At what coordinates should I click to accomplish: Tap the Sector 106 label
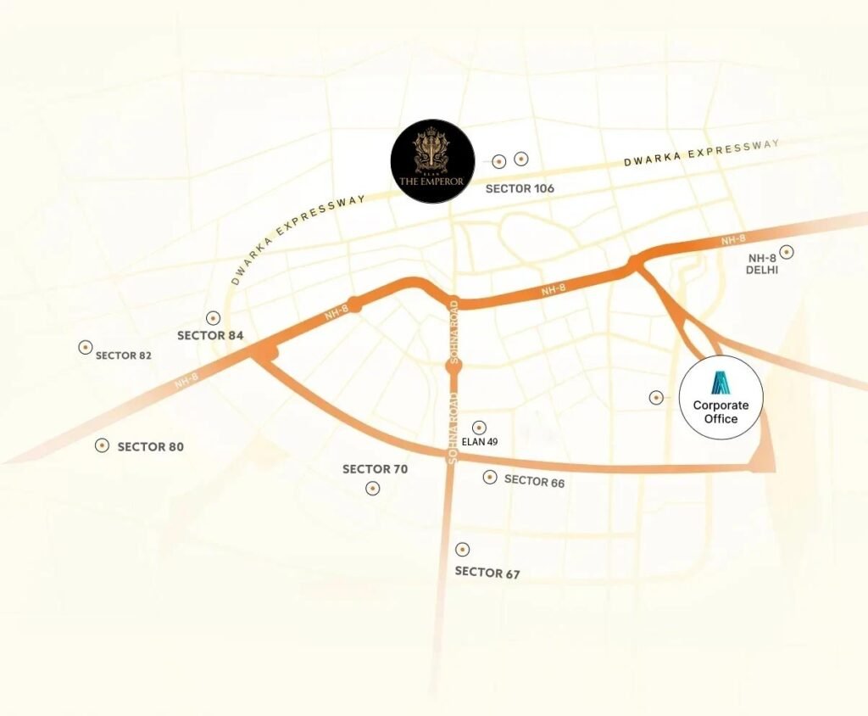520,187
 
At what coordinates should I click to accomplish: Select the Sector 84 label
210,335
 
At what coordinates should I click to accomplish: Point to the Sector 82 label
123,355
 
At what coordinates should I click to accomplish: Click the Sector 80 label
151,446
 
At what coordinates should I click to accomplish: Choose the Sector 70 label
376,468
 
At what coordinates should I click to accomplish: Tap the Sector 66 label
534,481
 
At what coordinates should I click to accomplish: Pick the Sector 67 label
487,573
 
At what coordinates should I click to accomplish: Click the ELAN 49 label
480,442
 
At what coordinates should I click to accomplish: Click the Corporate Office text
721,411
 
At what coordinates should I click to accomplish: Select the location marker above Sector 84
213,317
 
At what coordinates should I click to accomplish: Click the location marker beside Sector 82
85,347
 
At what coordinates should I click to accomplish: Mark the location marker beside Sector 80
102,445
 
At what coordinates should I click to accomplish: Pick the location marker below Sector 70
372,488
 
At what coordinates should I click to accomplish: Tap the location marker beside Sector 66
490,477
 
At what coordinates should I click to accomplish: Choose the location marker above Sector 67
462,549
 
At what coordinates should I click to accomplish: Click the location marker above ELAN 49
480,427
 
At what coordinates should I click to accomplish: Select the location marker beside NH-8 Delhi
787,251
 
